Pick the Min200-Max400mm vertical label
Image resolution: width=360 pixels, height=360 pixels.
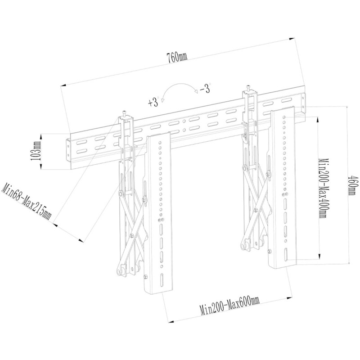[x=322, y=188]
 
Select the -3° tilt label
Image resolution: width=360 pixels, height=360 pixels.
[x=205, y=89]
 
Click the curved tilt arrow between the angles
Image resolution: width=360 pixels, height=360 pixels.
[x=178, y=90]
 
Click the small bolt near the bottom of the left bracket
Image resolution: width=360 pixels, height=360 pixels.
[x=145, y=277]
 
